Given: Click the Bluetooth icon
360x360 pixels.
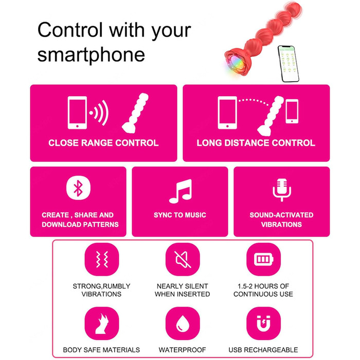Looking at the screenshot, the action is point(78,188).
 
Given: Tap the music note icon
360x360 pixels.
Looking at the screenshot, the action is point(181,191).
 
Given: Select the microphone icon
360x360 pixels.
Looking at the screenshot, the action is point(282,190).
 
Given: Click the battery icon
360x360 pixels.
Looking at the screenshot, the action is point(263,259).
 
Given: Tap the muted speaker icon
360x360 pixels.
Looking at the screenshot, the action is point(183,259).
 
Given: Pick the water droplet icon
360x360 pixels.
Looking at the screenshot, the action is point(183,323).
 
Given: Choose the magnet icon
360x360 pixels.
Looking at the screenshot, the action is point(263,323).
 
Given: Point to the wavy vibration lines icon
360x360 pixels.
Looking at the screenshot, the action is point(102,259).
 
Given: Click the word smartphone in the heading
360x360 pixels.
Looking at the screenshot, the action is point(91,55).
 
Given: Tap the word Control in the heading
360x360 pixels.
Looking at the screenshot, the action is point(70,30).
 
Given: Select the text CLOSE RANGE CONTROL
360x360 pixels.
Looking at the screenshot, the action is point(103,143).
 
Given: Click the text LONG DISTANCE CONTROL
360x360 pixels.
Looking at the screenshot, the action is point(256,143).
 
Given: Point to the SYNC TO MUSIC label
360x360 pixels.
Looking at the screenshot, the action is point(180,215).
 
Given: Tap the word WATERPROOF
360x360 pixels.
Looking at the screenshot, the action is point(182,350).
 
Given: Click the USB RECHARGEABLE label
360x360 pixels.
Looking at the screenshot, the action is point(263,350).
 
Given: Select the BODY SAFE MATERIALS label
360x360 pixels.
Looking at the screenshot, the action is point(101,350).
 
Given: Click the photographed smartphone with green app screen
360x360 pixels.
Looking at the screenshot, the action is point(289,64).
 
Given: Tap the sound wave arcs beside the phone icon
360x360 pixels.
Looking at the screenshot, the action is point(100,113).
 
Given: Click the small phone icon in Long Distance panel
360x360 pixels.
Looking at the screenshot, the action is point(292,112).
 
